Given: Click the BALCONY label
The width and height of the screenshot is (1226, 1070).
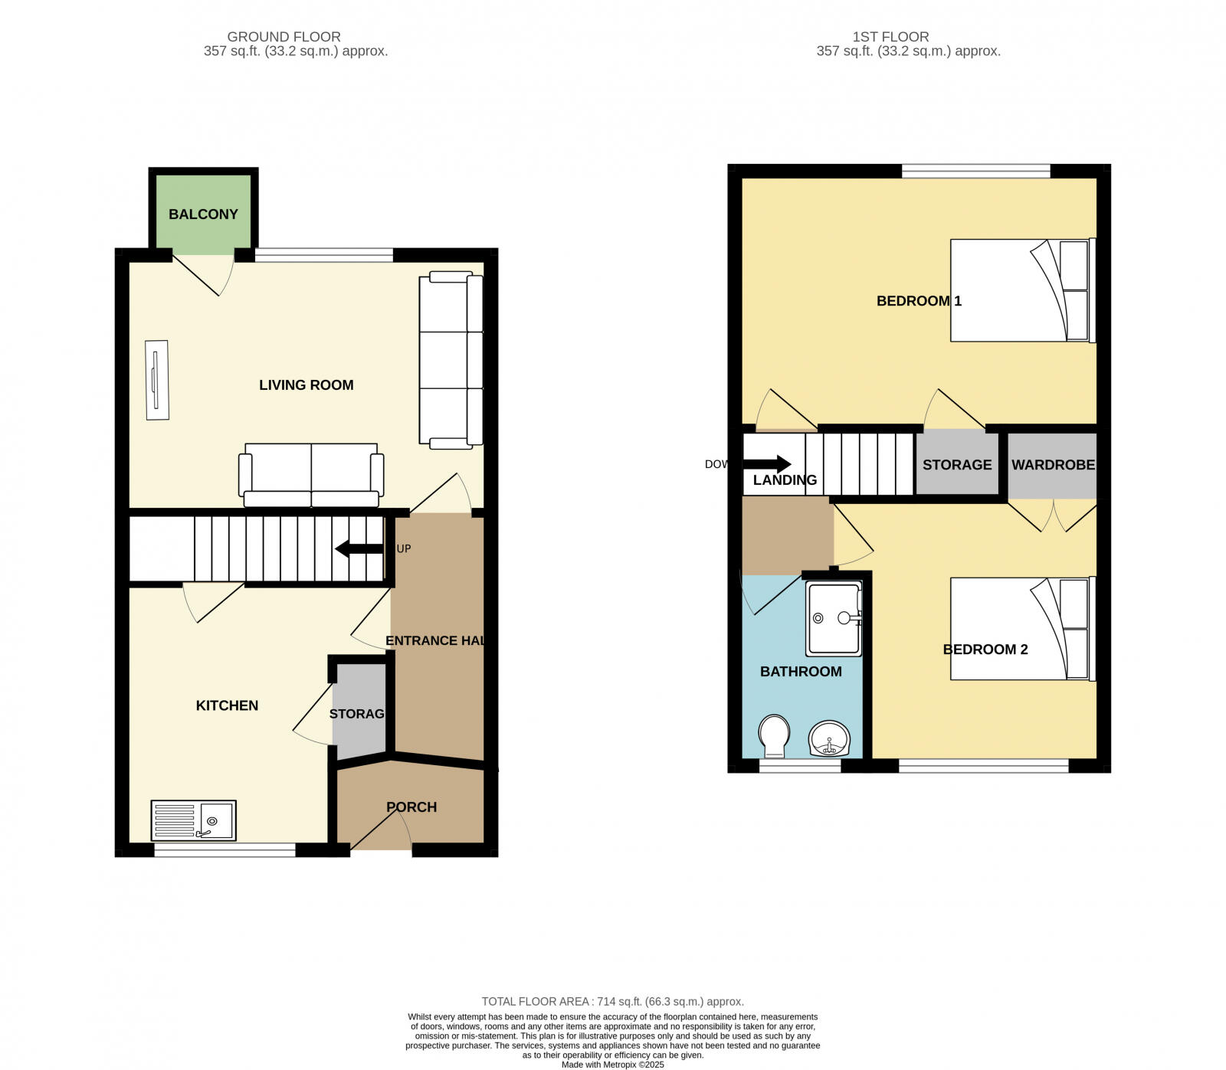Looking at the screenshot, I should pos(203,214).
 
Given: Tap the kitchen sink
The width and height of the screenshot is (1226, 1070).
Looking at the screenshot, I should pos(194,821).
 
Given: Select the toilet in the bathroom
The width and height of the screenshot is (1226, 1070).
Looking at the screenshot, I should pos(774,735).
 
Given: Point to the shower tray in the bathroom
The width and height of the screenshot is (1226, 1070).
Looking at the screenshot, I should pos(834,618).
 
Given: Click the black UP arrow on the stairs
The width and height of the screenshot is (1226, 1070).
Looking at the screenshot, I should pos(359,548).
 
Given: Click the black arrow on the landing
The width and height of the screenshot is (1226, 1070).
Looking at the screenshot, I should pos(767,463).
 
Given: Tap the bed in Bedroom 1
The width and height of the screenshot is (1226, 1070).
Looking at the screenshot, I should pos(1022,290).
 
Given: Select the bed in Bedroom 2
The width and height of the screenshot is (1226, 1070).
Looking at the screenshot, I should pos(1022,628).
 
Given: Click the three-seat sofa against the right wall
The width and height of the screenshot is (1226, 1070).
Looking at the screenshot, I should pos(451,360).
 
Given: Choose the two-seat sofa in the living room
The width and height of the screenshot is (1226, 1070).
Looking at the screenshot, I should pos(311,475).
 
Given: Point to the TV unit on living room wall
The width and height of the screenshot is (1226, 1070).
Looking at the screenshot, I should pos(157,380).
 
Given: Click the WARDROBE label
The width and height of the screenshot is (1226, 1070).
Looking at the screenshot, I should pos(1053,465).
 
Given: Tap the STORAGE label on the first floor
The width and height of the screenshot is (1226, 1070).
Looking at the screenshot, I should pos(957,465).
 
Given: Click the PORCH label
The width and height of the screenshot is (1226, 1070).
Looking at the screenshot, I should pos(411,807).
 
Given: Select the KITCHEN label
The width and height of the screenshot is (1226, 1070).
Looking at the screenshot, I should pos(227,705).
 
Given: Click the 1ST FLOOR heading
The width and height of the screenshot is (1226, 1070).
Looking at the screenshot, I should pos(890,37).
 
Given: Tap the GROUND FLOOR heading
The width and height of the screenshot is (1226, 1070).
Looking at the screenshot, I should pos(284,37).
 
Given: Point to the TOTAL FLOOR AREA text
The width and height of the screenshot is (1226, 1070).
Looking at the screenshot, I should pos(612,1001).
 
